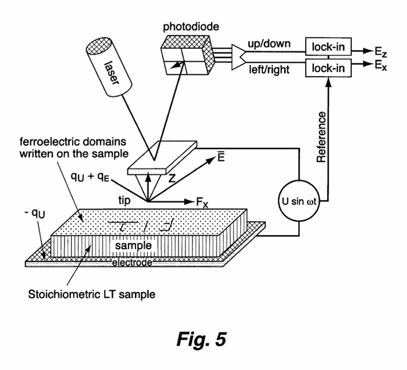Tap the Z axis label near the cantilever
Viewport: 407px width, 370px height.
tap(173, 181)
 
